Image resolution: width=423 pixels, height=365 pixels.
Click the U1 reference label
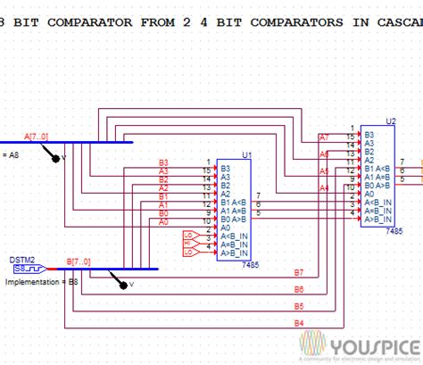point(246,154)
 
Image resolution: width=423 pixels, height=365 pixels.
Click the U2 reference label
point(390,120)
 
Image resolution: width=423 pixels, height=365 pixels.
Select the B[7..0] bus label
point(79,261)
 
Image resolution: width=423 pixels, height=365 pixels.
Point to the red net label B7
point(299,272)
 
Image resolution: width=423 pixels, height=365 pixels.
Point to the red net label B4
point(299,322)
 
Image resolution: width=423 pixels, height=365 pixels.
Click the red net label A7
point(323,138)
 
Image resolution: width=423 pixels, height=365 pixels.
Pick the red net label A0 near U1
point(163,222)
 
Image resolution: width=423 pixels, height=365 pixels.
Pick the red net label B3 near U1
point(163,162)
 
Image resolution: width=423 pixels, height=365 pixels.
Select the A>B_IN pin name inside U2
point(379,219)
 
